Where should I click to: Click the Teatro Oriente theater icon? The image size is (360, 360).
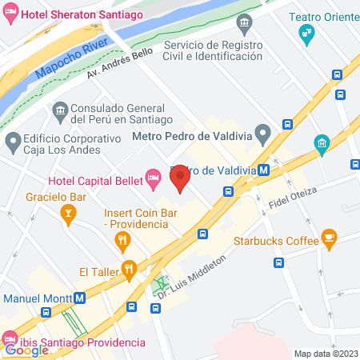pos(305,33)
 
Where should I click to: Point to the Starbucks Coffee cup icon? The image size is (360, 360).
pos(328,237)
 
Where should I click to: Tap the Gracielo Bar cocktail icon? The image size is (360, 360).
pos(68,212)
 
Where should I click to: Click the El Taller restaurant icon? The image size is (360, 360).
pos(126,269)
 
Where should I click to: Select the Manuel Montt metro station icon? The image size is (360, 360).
pos(80,298)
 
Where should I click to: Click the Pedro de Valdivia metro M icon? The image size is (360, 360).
pos(274,170)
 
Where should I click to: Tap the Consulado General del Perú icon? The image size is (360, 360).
pos(59,110)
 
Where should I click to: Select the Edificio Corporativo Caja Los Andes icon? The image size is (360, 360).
pos(13,143)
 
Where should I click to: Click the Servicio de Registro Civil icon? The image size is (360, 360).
pos(244,20)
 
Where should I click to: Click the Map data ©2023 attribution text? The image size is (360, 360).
pos(326,354)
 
